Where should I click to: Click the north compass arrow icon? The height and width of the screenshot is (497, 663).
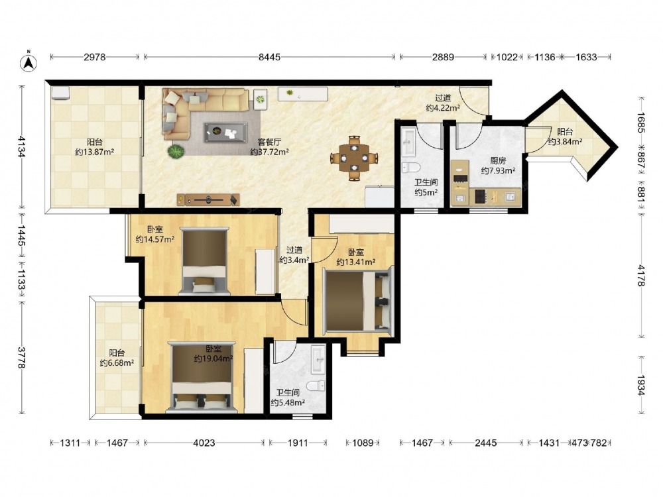click(29, 62)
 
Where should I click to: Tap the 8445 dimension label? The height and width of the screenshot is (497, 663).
click(269, 56)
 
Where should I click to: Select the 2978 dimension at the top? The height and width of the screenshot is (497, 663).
click(94, 56)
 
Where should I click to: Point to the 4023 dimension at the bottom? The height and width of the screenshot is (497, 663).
click(204, 443)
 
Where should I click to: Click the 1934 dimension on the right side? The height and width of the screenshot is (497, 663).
click(642, 385)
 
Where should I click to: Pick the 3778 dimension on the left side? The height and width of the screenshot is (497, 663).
click(22, 357)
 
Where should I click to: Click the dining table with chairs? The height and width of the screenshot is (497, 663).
click(354, 158)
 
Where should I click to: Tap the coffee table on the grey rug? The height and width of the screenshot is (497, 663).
click(225, 133)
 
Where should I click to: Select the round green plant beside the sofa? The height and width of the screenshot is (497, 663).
click(176, 151)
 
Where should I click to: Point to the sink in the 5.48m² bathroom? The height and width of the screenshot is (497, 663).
click(318, 360)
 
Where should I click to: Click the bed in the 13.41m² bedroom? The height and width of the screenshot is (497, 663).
click(358, 300)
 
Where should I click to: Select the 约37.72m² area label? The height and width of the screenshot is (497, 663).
click(269, 152)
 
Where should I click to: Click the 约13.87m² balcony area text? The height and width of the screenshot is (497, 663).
click(95, 152)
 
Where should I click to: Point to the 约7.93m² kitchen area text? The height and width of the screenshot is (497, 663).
click(498, 171)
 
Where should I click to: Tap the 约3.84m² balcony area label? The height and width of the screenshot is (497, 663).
click(565, 142)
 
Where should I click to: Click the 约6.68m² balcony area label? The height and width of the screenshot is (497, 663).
click(117, 362)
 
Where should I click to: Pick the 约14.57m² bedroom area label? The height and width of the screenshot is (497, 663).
click(155, 240)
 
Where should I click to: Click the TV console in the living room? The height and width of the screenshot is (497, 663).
click(208, 199)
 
